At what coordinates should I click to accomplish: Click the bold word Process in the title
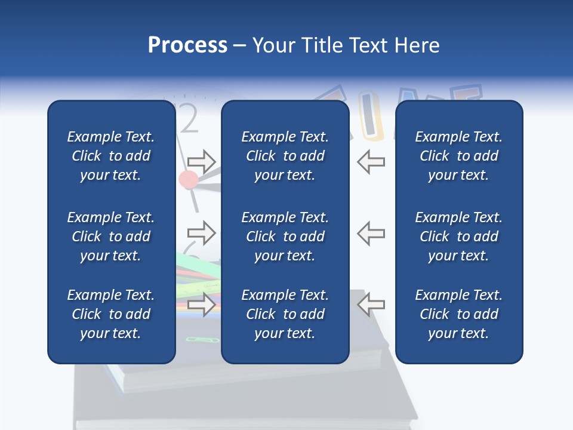pos(187,45)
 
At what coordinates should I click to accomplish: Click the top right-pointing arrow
pos(201,162)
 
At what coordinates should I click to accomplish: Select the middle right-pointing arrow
pos(201,232)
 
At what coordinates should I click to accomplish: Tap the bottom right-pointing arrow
pos(201,304)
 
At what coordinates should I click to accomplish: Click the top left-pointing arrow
pos(371,162)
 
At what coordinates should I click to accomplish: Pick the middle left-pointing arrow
pos(371,232)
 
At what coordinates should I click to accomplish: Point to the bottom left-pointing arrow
pos(371,304)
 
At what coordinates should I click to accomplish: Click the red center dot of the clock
pos(189,179)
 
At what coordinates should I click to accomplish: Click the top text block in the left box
pos(111,156)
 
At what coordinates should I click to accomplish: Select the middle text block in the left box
pos(111,236)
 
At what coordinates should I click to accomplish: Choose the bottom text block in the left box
pos(111,314)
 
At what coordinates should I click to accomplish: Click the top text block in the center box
pos(285,156)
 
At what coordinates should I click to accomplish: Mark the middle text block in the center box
pos(285,236)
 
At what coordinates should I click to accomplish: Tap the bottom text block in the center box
pos(285,314)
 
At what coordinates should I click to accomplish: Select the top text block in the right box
pos(458,156)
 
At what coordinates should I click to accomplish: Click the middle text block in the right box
pos(458,236)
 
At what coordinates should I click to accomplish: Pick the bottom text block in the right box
pos(458,314)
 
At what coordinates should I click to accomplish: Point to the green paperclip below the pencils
pos(195,339)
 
